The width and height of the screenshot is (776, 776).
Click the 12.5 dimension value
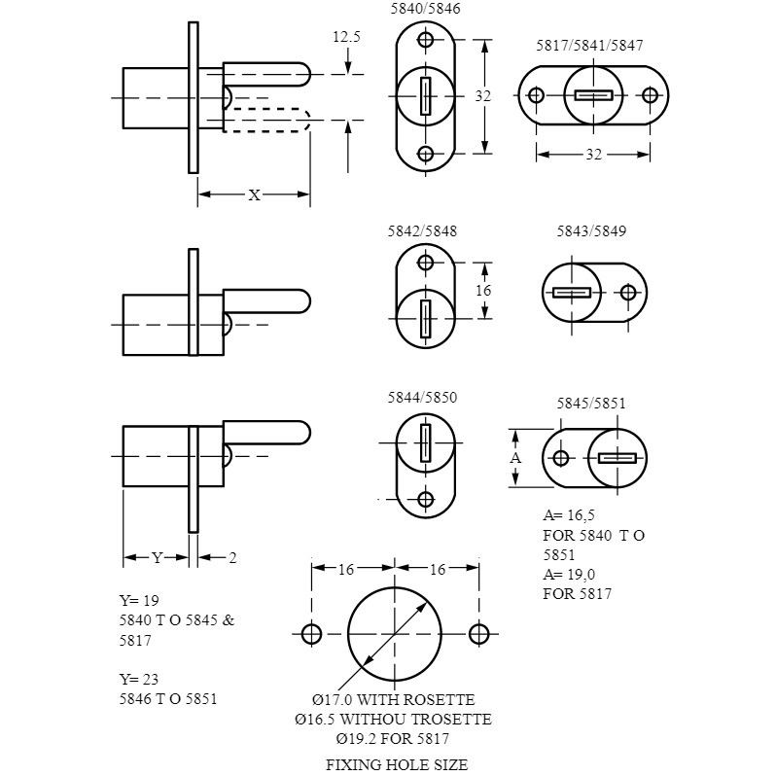pyautogui.click(x=346, y=37)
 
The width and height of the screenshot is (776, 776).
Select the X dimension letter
pyautogui.click(x=255, y=195)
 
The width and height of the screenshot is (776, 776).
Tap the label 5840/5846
pyautogui.click(x=425, y=9)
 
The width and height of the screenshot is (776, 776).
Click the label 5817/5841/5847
pyautogui.click(x=589, y=46)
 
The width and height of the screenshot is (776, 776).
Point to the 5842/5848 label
pyautogui.click(x=422, y=231)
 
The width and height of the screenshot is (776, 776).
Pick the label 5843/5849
pyautogui.click(x=591, y=231)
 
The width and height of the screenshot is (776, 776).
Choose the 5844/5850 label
pyautogui.click(x=422, y=398)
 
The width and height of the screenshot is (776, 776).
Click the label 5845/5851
pyautogui.click(x=591, y=404)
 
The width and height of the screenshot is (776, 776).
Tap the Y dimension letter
pyautogui.click(x=157, y=558)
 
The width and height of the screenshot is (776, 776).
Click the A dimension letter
pyautogui.click(x=515, y=458)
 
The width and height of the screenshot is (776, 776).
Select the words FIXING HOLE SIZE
pyautogui.click(x=397, y=764)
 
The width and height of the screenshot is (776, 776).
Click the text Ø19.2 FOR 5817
pyautogui.click(x=393, y=739)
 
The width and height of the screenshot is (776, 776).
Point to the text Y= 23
pyautogui.click(x=139, y=679)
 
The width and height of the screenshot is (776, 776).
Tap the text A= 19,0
pyautogui.click(x=569, y=575)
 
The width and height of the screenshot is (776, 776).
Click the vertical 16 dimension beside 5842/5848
pyautogui.click(x=483, y=290)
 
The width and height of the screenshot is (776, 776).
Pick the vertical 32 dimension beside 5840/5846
pyautogui.click(x=483, y=96)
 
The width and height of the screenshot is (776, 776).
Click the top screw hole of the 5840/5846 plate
pyautogui.click(x=426, y=40)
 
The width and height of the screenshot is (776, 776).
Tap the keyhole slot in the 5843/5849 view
pyautogui.click(x=572, y=293)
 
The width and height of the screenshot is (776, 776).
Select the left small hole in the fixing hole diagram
pyautogui.click(x=311, y=634)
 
